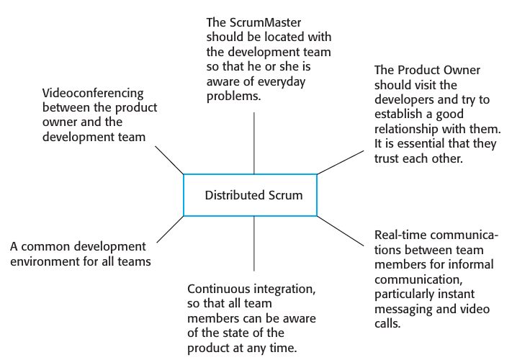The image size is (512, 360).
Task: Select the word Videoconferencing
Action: pyautogui.click(x=93, y=93)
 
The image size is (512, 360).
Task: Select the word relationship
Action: pyautogui.click(x=410, y=129)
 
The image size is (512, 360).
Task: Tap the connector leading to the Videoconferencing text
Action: pyautogui.click(x=170, y=160)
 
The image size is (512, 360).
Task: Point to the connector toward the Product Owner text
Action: pyautogui.click(x=339, y=163)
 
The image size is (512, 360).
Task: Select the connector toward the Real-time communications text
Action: pyautogui.click(x=341, y=230)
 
